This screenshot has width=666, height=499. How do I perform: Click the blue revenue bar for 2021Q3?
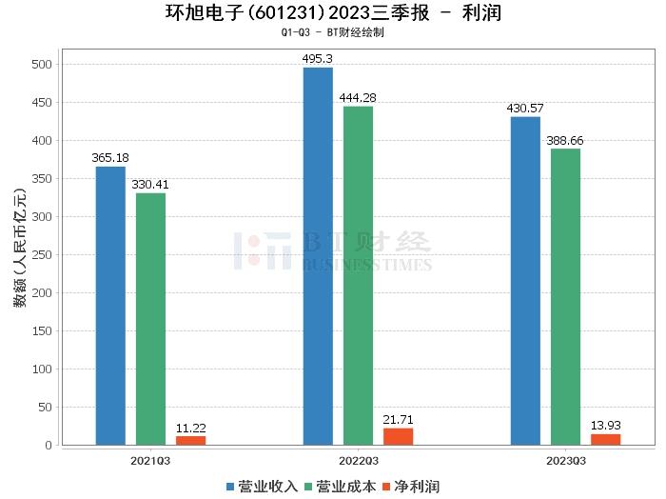click(x=110, y=306)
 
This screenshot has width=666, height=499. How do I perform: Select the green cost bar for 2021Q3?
click(x=150, y=319)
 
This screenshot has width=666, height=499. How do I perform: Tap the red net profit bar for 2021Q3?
click(x=190, y=440)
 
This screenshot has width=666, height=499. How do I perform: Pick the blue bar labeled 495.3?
click(x=318, y=256)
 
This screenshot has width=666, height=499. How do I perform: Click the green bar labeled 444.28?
click(x=358, y=275)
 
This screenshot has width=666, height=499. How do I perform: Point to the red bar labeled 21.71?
click(x=398, y=436)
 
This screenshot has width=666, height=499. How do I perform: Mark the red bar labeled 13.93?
click(x=605, y=439)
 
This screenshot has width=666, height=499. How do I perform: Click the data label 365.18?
click(x=110, y=158)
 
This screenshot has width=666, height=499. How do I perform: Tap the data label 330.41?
click(x=150, y=185)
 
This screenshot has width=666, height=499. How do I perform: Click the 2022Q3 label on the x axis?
click(x=358, y=460)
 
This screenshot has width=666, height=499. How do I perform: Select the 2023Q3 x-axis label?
click(x=565, y=460)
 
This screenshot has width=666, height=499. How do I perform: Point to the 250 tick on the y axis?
click(x=42, y=255)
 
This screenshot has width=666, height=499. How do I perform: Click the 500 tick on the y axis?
click(x=42, y=65)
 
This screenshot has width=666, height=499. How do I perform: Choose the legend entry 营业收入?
click(x=263, y=487)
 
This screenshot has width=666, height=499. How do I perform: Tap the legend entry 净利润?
click(x=411, y=487)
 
